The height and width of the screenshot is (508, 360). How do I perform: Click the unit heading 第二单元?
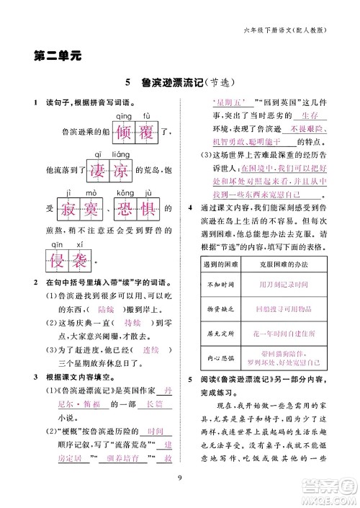click(58, 55)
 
